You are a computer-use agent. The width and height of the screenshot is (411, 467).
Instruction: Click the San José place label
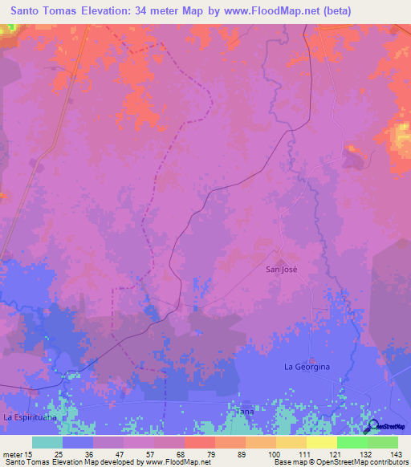pyautogui.click(x=282, y=270)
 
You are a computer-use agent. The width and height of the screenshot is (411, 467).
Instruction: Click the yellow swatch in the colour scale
pyautogui.click(x=321, y=442)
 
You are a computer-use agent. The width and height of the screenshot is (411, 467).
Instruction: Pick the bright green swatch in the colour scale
pyautogui.click(x=352, y=442)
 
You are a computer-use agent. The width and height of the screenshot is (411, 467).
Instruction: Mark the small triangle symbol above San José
pyautogui.click(x=281, y=261)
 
